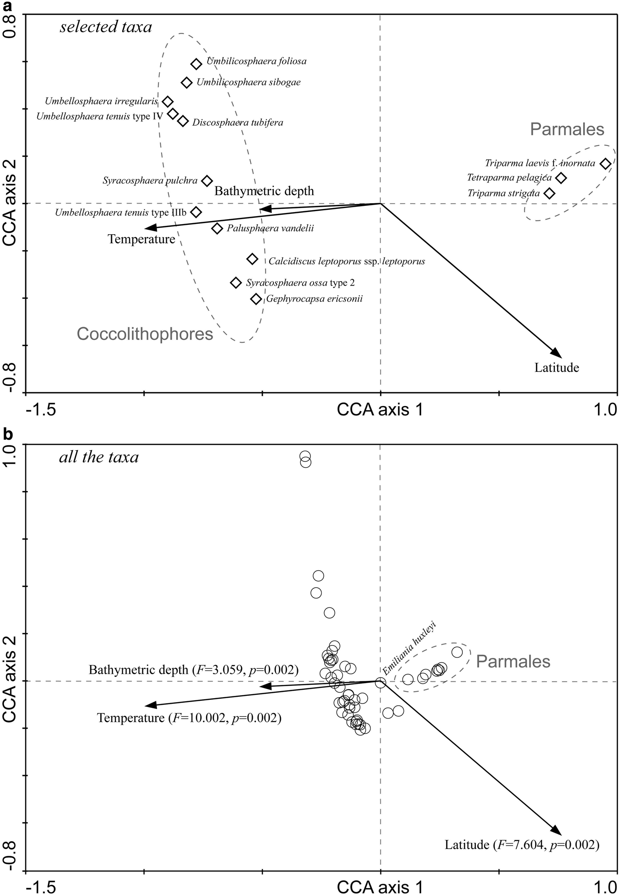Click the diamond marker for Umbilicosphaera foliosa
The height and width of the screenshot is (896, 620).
tap(196, 64)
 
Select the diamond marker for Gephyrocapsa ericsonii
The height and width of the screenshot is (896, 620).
tap(256, 299)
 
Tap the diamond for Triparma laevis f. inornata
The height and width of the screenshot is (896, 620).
tap(605, 164)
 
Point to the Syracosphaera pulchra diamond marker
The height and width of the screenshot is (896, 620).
tap(207, 181)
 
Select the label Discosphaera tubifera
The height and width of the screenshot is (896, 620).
tap(238, 123)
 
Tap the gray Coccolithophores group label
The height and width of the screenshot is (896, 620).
tap(145, 334)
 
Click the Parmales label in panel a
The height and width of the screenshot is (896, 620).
tap(567, 129)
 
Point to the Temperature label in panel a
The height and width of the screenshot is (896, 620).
tap(141, 239)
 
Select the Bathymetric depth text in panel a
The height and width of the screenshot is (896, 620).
tap(264, 191)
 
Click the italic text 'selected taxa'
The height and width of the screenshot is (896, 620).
tap(106, 27)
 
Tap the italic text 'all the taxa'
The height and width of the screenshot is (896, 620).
tap(99, 457)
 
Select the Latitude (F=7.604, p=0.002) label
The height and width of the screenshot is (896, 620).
tap(522, 845)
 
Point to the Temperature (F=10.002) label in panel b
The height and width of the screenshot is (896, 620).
tap(189, 718)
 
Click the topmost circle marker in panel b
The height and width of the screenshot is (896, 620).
tap(305, 456)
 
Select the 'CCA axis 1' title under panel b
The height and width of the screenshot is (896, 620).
tap(380, 887)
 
